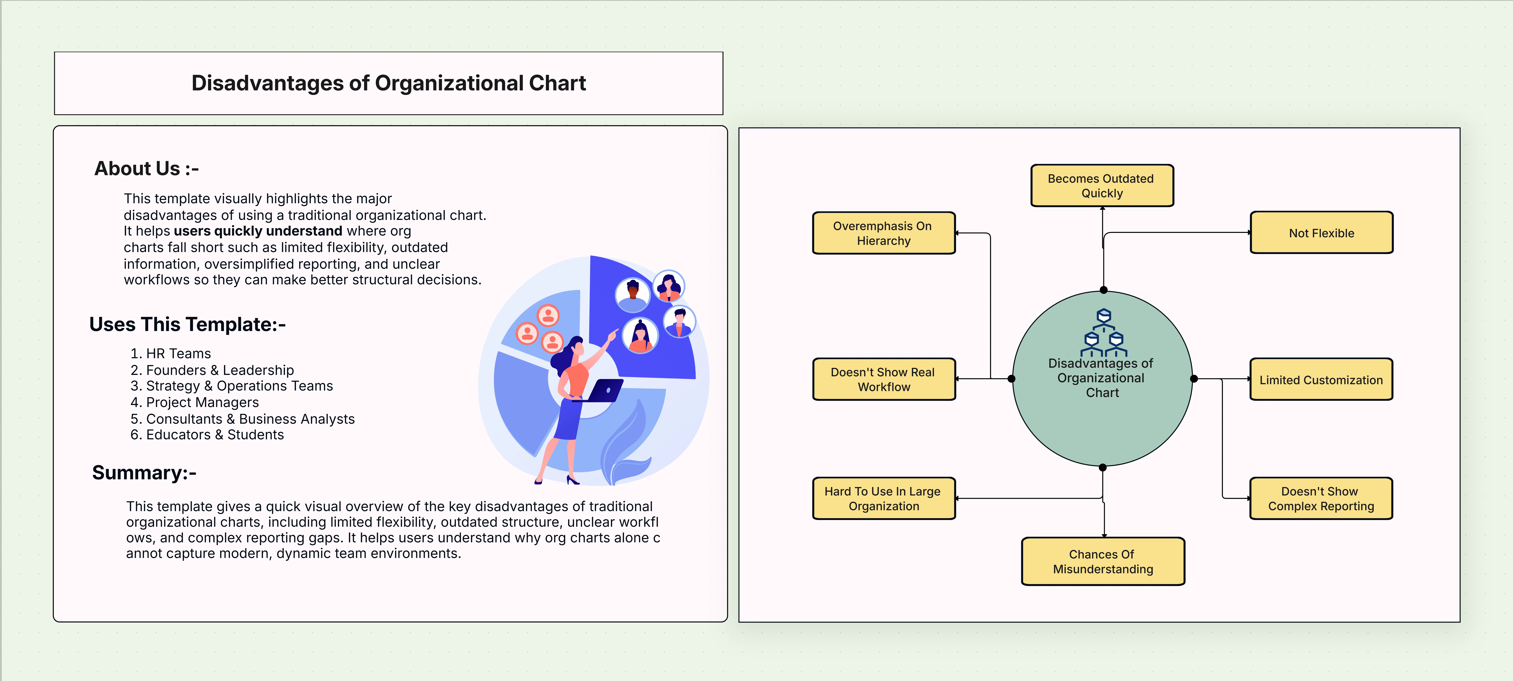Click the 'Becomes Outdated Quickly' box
[1102, 186]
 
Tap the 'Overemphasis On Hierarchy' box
[883, 233]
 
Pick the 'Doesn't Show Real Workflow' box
[883, 379]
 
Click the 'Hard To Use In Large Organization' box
[883, 498]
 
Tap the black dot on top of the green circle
[1104, 290]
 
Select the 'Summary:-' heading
[144, 473]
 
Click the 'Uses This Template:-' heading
[187, 324]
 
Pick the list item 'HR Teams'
[178, 353]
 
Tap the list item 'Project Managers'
[202, 402]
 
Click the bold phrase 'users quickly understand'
[258, 231]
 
